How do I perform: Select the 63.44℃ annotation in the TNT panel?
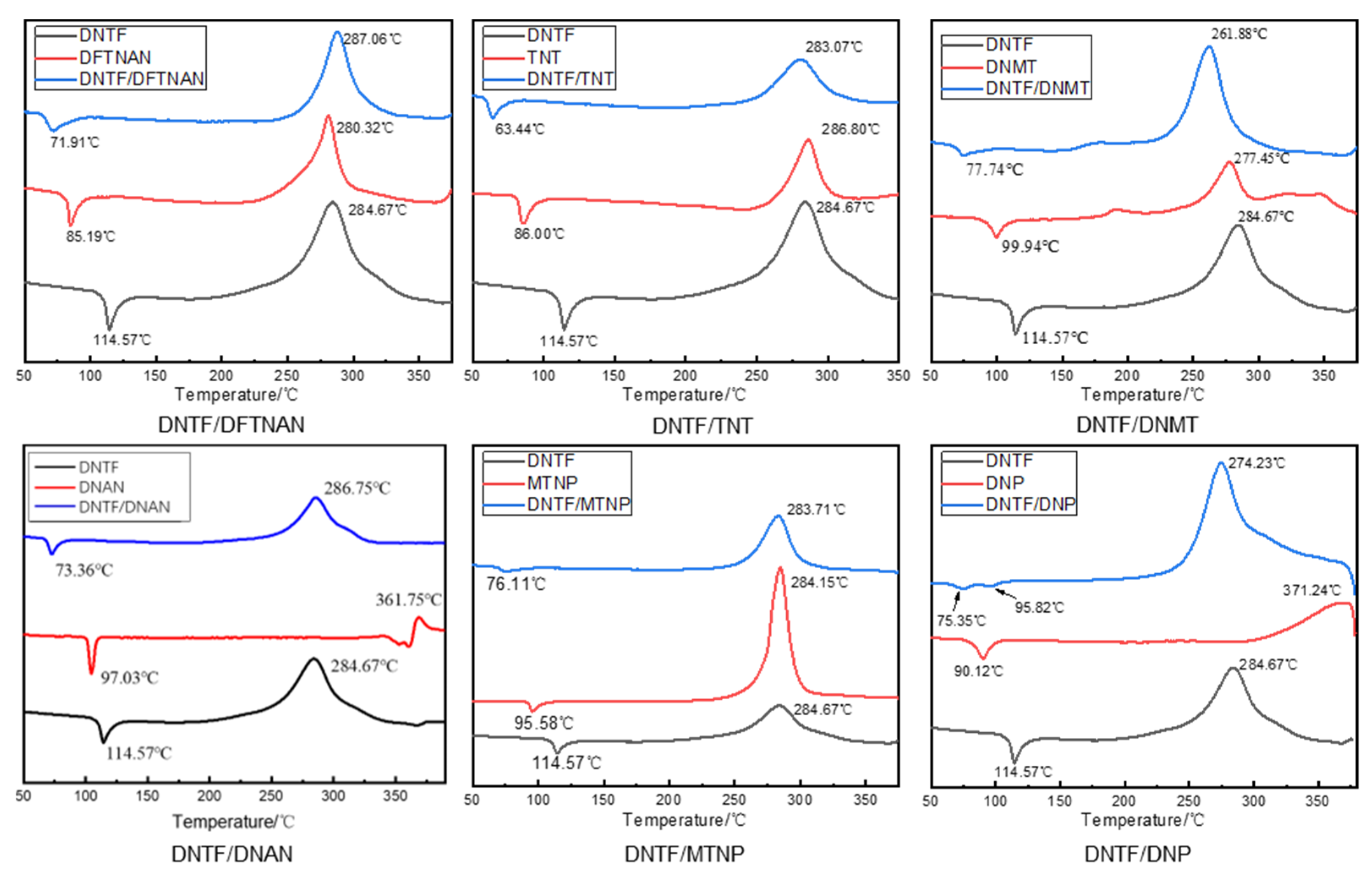click(519, 129)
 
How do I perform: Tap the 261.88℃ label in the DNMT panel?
click(1239, 34)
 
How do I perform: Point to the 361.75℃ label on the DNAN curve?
click(408, 600)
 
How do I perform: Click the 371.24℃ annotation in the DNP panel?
click(1311, 590)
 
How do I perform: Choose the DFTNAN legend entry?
click(115, 57)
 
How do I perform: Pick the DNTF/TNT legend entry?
click(570, 79)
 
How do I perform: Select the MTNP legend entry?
click(552, 483)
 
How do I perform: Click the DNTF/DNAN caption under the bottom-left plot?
click(232, 854)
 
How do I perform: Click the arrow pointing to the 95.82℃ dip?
click(1005, 594)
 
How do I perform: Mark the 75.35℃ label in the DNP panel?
click(961, 620)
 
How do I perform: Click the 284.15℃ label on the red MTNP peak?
click(819, 582)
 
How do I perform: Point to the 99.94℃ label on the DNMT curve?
click(1030, 246)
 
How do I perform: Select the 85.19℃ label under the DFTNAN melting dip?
click(90, 236)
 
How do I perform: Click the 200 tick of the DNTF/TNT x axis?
click(684, 376)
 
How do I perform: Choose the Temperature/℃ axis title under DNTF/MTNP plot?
click(684, 820)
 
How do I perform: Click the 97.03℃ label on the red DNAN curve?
click(129, 678)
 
